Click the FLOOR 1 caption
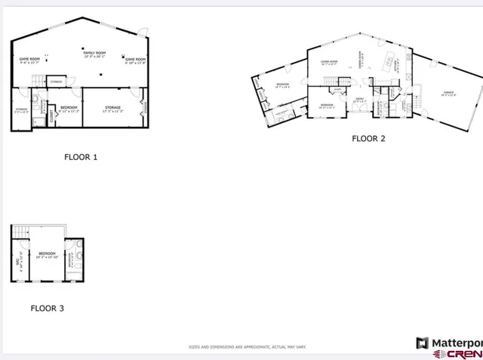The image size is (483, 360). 81,158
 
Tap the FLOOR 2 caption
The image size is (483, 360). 369,138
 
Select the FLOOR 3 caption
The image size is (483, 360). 48,308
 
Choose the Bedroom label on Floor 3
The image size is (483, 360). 47,253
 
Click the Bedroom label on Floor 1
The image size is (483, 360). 68,107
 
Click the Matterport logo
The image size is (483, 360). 449,342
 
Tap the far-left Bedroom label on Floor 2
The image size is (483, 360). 283,85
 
